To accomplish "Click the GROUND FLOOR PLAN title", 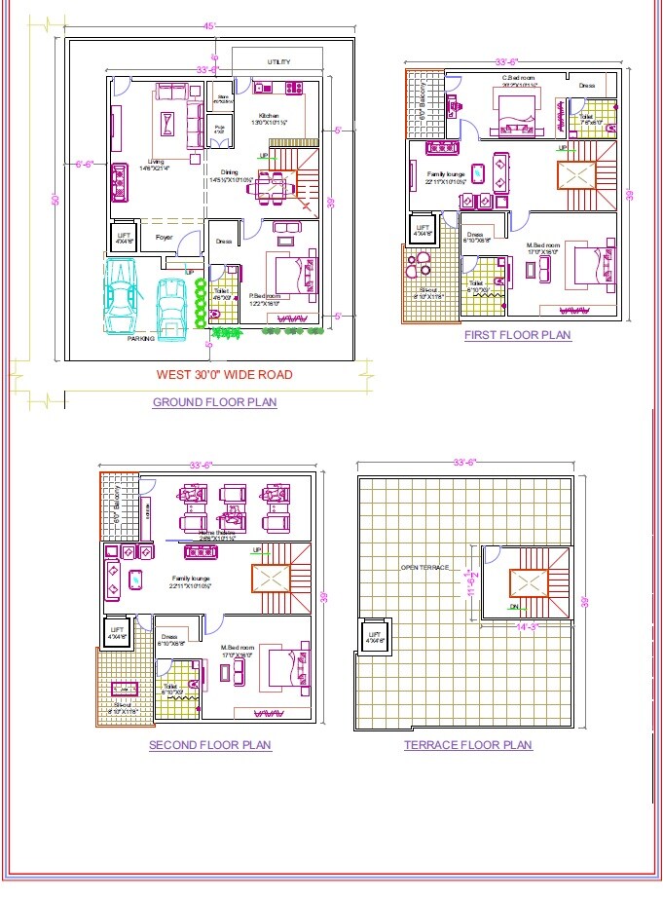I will tap(214, 402).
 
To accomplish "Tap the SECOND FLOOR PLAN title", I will tap(209, 745).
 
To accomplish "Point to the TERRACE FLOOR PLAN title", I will tap(467, 745).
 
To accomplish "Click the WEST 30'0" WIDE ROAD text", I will tap(224, 374).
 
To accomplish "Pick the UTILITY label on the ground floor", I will tap(279, 61).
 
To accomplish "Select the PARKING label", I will tap(141, 339).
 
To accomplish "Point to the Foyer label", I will tap(164, 236).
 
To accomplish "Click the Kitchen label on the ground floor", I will tap(269, 116).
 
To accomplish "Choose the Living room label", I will tap(156, 163).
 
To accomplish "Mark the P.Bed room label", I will tap(265, 295).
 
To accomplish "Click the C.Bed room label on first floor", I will tap(518, 78).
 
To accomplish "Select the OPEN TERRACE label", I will tap(424, 566).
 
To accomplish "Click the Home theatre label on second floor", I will tap(219, 533).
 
